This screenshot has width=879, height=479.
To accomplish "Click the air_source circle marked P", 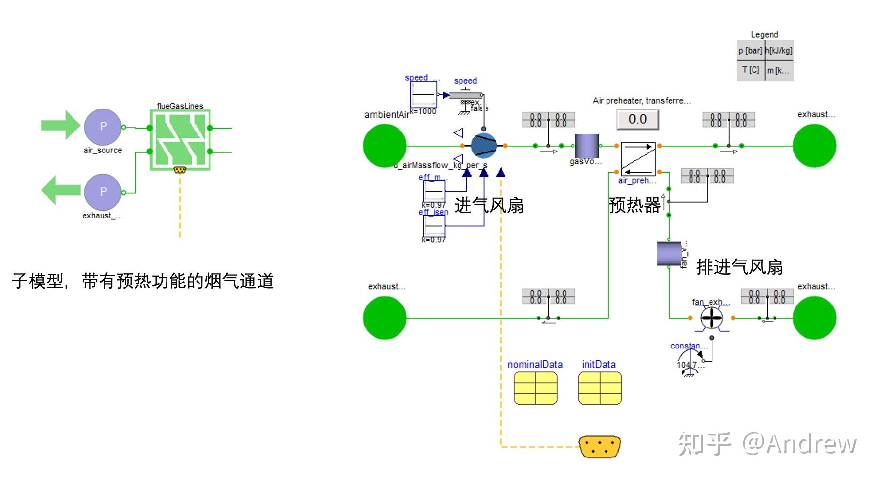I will point(103,127).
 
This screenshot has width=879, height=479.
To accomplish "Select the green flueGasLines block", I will point(180,140).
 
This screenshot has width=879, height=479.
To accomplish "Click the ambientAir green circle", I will point(385,146).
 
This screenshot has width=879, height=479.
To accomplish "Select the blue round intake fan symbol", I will point(483,146).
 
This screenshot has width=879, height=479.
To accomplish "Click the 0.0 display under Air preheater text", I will point(637,119).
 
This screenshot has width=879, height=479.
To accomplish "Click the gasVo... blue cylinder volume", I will point(586,146).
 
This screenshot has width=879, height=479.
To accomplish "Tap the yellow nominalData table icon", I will point(535,388).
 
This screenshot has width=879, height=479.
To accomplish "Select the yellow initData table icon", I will point(600,388).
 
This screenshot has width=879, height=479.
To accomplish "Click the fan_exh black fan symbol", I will point(712,318).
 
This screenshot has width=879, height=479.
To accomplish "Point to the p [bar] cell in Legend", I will point(750,51).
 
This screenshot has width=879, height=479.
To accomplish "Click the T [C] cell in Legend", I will point(750,70).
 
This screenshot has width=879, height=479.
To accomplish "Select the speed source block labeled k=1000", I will point(423,95).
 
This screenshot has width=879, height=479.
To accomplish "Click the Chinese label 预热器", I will point(634,205).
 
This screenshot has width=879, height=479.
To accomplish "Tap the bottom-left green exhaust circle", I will point(385,318).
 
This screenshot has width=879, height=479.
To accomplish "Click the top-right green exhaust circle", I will point(814,146).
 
